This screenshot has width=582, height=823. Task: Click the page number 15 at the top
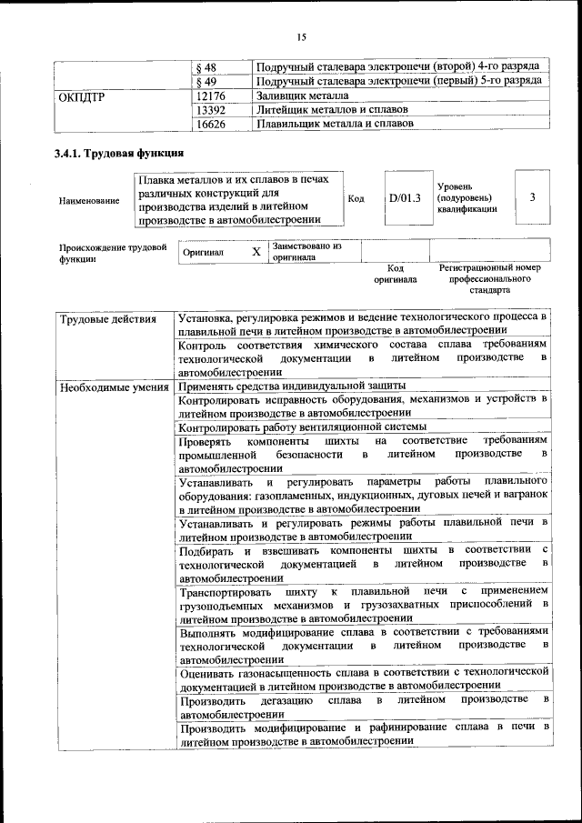301,35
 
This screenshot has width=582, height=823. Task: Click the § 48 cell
208,67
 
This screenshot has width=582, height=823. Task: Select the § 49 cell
208,81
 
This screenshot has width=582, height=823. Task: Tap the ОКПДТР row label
83,95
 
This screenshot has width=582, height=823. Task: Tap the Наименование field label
88,200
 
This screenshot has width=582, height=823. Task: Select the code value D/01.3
405,197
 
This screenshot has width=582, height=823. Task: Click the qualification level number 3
532,197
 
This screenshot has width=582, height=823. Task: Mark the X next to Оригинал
256,251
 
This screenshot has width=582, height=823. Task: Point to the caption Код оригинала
395,274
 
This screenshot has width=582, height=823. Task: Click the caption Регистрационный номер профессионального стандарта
489,280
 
